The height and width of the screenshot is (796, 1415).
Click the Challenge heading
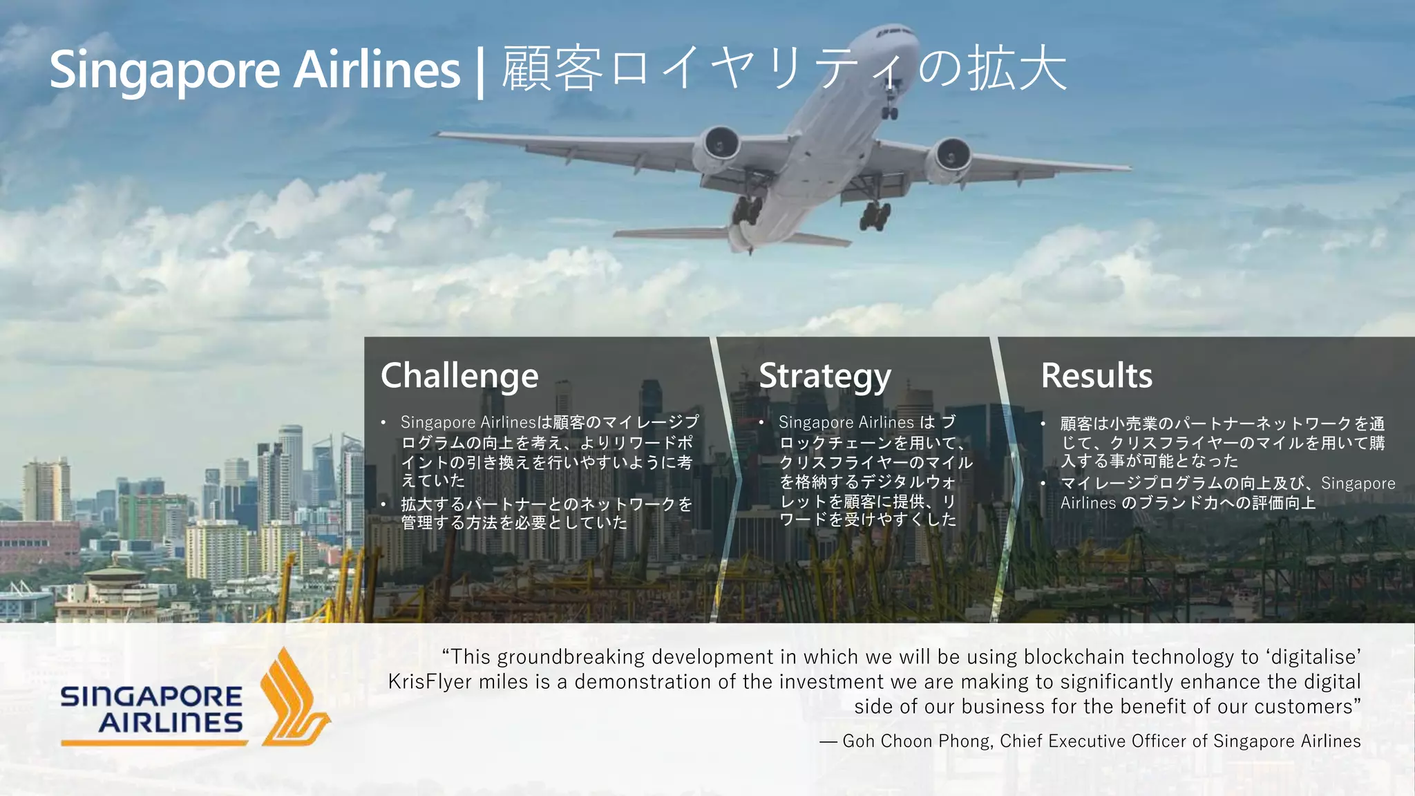click(459, 376)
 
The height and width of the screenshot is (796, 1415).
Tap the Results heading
click(1096, 376)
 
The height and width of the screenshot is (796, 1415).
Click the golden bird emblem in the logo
click(293, 698)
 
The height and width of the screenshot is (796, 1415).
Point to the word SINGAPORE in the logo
click(151, 696)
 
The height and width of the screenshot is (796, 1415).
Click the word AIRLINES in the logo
click(171, 723)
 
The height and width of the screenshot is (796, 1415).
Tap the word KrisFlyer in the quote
click(430, 682)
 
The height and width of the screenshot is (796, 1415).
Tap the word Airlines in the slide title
click(377, 70)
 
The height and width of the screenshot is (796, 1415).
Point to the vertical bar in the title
click(480, 72)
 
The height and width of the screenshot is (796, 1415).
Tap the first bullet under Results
click(1222, 442)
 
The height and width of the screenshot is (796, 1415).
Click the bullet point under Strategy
click(875, 471)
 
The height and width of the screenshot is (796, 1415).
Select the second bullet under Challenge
click(546, 513)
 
